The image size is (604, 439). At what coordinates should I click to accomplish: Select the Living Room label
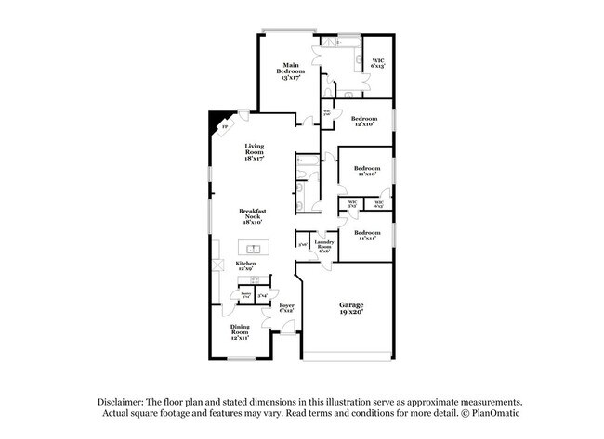tap(255, 148)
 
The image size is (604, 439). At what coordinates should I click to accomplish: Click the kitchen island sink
tap(253, 248)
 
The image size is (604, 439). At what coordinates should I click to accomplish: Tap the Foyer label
tap(286, 305)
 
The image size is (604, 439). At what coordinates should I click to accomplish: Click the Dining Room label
tap(240, 329)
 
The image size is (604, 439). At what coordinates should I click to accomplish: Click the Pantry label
tap(245, 294)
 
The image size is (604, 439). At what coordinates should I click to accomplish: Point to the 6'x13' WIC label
tap(377, 66)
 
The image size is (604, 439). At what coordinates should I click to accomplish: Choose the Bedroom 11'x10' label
tap(367, 170)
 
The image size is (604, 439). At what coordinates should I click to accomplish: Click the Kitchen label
tap(244, 265)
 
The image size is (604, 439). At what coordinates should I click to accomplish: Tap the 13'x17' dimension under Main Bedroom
tap(291, 78)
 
